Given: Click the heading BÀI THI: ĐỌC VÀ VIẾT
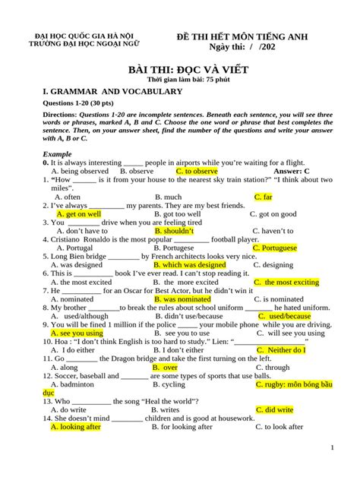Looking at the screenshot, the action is (x=179, y=69).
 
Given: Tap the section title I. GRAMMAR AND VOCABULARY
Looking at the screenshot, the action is (x=112, y=92).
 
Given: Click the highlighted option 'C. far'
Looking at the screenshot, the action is (x=264, y=197).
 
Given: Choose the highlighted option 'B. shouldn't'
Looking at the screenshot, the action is (x=174, y=231).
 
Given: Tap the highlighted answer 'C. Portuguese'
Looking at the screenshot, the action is (x=274, y=248).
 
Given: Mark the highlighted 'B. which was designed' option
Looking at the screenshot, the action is (x=190, y=264).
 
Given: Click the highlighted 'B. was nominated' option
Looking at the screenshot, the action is (x=182, y=298).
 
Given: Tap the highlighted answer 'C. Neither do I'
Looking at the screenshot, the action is (x=280, y=350).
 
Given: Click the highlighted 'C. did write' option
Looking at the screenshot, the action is (x=274, y=409).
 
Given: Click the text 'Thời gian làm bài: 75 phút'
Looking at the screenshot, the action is (x=179, y=80).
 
